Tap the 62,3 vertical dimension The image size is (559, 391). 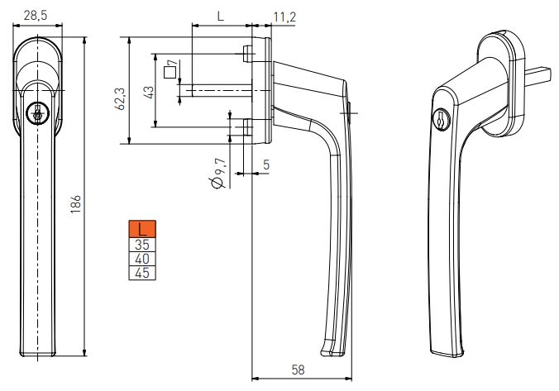tap(121, 98)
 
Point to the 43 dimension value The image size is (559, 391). tap(148, 92)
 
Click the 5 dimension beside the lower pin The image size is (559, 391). tap(265, 165)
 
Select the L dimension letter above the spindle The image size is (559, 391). tap(220, 16)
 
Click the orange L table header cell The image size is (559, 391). tap(142, 229)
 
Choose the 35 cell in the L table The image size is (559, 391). tap(142, 244)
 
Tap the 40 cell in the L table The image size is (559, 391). tap(142, 258)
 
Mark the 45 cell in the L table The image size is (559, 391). tap(142, 272)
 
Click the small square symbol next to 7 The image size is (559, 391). tap(169, 73)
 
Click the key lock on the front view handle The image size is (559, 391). tap(36, 113)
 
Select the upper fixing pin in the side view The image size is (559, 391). tap(248, 54)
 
